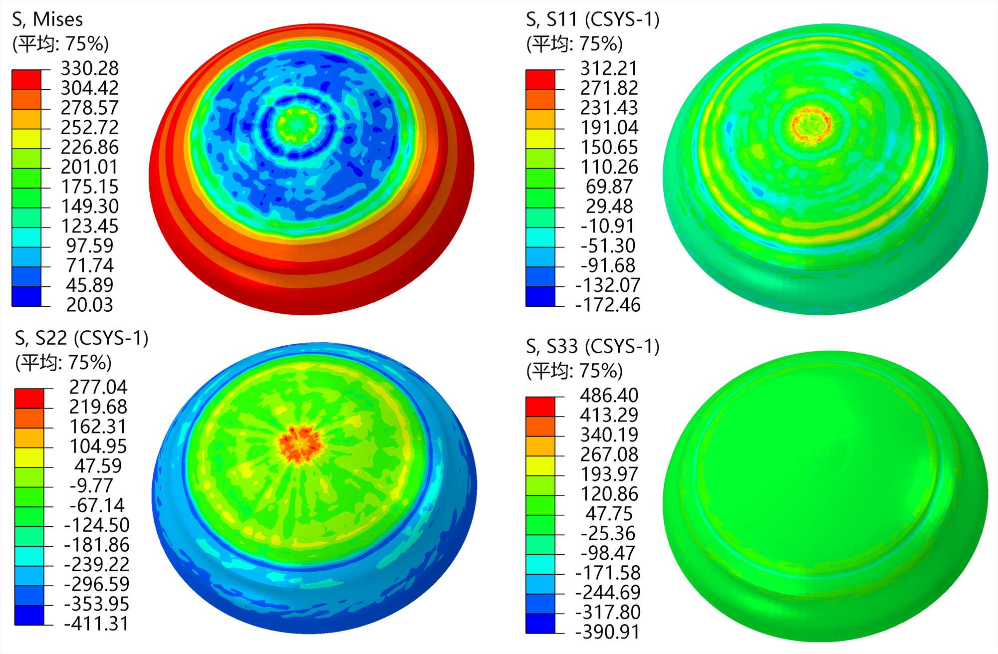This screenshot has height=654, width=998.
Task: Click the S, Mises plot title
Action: click(47, 19)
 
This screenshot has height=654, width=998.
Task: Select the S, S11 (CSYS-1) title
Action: click(593, 19)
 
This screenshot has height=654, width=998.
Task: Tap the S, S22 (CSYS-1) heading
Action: click(82, 338)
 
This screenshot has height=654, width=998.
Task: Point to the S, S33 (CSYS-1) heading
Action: click(593, 346)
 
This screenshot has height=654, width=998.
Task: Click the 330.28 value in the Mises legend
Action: click(90, 68)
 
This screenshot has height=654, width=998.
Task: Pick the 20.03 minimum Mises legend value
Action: click(90, 305)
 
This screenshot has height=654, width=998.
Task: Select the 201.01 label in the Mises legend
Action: click(90, 167)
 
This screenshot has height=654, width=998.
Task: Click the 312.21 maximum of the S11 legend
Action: click(609, 68)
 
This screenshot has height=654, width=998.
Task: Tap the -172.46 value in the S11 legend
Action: click(608, 305)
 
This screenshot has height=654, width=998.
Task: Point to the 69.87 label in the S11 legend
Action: click(609, 187)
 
